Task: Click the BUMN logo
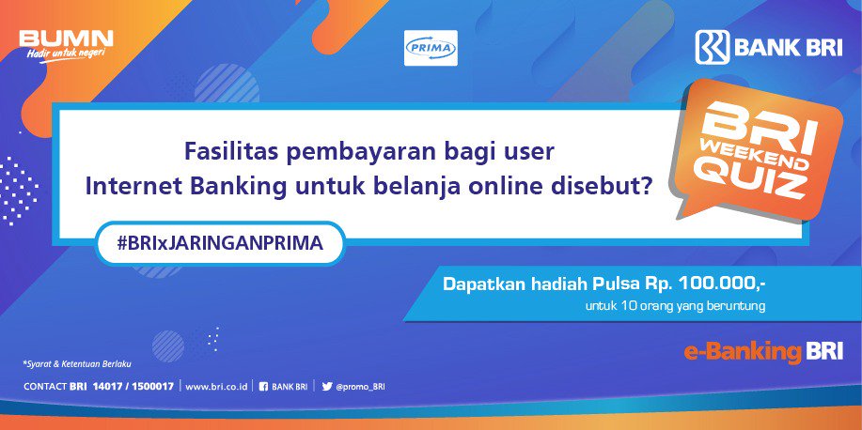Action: click(66, 38)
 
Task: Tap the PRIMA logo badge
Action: click(431, 48)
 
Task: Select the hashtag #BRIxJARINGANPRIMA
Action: click(220, 242)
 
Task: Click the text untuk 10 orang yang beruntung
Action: click(675, 306)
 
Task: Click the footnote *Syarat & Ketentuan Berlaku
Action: click(76, 363)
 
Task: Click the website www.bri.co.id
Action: click(217, 386)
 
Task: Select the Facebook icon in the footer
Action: click(263, 386)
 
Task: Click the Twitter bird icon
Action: click(326, 386)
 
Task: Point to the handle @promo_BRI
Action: click(360, 386)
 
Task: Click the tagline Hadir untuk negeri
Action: click(64, 53)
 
